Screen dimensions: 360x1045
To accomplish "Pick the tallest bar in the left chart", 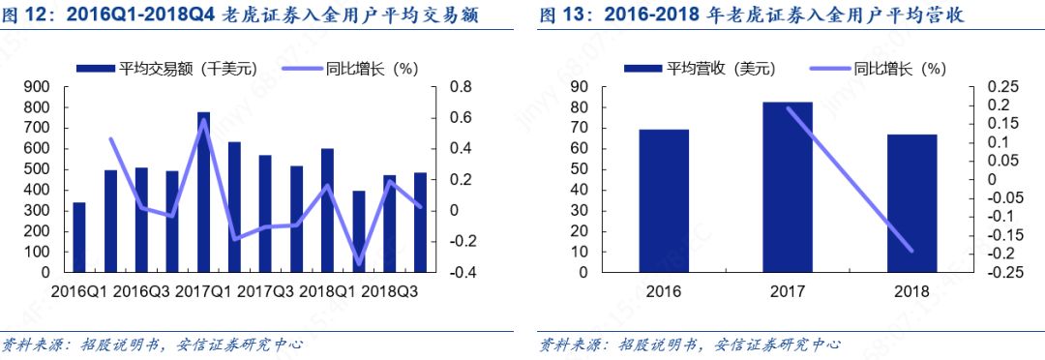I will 203,193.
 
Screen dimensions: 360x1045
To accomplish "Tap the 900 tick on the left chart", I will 35,87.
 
